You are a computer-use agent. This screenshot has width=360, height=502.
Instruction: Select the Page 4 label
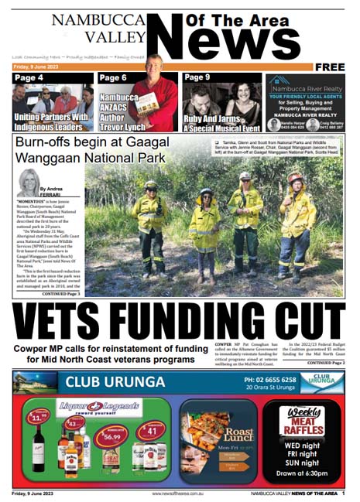pyautogui.click(x=29, y=78)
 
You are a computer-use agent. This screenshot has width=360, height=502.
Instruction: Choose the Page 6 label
pyautogui.click(x=113, y=78)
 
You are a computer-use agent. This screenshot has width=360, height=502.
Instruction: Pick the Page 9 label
pyautogui.click(x=197, y=77)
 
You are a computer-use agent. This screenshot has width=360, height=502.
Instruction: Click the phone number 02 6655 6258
pyautogui.click(x=269, y=380)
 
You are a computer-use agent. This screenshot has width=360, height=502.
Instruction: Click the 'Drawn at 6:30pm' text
pyautogui.click(x=301, y=472)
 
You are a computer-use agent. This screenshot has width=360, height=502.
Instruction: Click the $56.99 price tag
pyautogui.click(x=111, y=436)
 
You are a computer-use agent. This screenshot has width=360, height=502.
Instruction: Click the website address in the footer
pyautogui.click(x=181, y=493)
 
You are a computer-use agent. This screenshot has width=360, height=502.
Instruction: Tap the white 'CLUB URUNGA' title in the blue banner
pyautogui.click(x=115, y=382)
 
